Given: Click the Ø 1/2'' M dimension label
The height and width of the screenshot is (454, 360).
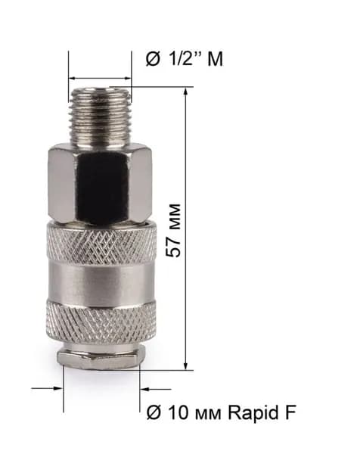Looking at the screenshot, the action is tap(185, 59).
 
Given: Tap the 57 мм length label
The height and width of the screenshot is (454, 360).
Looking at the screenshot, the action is tap(174, 231).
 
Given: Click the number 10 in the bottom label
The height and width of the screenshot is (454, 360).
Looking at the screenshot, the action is tap(178, 413).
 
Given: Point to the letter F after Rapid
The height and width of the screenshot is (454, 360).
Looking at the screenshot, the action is tap(290, 412).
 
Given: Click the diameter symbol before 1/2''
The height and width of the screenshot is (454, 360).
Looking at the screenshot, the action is tap(153, 59).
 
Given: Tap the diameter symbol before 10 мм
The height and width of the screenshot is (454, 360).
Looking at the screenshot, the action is tap(154, 413).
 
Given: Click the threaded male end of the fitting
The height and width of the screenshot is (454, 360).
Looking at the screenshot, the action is tap(101, 116).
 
